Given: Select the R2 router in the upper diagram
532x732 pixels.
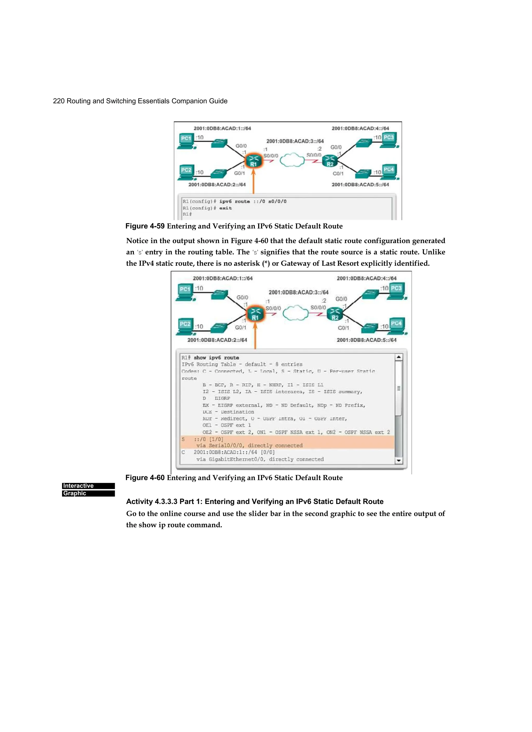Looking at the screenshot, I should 330,161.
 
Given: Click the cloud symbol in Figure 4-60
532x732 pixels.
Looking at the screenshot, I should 295,313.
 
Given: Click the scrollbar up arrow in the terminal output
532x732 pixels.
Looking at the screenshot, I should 399,357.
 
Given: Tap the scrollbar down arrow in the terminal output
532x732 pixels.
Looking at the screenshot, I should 399,461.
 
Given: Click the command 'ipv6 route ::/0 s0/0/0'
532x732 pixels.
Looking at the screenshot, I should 253,201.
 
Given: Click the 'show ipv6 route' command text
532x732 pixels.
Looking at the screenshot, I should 216,358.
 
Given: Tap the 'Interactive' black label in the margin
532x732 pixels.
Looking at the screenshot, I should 88,486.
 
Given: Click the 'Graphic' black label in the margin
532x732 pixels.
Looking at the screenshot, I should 88,493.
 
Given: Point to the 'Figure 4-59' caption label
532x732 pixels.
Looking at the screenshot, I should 145,226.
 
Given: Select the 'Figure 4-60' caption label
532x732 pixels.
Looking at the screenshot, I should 145,478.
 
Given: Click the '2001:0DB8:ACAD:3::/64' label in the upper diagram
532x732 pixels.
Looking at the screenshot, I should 295,141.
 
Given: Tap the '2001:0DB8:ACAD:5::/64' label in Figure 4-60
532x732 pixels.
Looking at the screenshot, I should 366,340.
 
